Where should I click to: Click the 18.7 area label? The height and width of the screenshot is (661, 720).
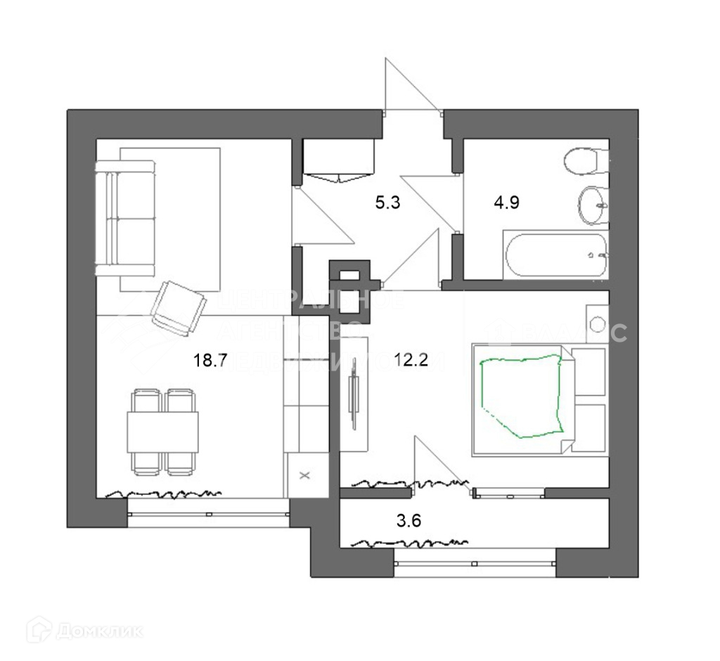(210, 361)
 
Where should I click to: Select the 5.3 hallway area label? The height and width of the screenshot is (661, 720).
(387, 204)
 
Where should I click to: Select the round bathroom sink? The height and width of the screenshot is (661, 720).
(593, 205)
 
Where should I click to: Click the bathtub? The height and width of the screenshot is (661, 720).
(555, 255)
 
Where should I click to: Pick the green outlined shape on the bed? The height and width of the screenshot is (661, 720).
(521, 396)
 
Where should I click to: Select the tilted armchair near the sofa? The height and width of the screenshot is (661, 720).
(179, 307)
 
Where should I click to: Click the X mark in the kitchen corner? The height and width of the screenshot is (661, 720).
(304, 475)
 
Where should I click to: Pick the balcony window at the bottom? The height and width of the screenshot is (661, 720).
(475, 562)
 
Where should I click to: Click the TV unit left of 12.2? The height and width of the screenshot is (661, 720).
(354, 401)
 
